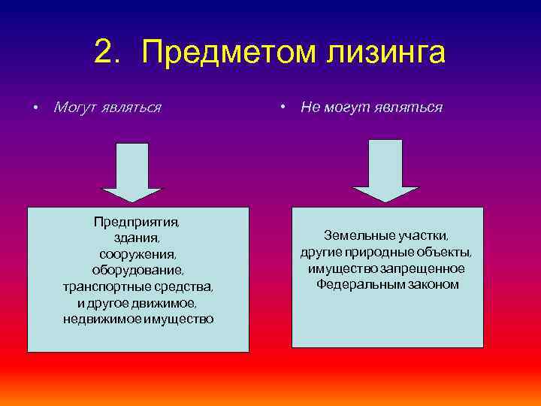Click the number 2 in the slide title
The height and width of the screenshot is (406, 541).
(x=106, y=53)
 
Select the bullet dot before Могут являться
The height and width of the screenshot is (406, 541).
(x=35, y=108)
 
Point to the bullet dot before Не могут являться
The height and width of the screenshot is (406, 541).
(x=282, y=108)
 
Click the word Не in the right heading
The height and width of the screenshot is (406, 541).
(x=310, y=108)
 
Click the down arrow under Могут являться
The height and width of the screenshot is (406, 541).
(x=132, y=173)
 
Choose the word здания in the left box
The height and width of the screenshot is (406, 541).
(x=138, y=238)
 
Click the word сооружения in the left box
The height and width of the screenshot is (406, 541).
(x=138, y=254)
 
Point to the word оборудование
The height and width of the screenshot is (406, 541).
(x=138, y=271)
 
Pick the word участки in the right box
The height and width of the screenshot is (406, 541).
(x=423, y=235)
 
